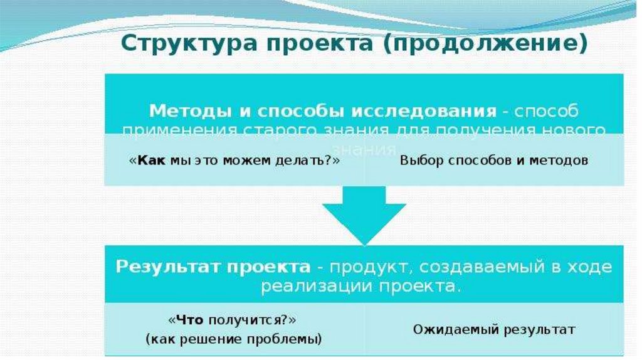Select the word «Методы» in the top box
pyautogui.click(x=181, y=111)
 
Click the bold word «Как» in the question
pyautogui.click(x=151, y=160)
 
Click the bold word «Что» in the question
pyautogui.click(x=189, y=320)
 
